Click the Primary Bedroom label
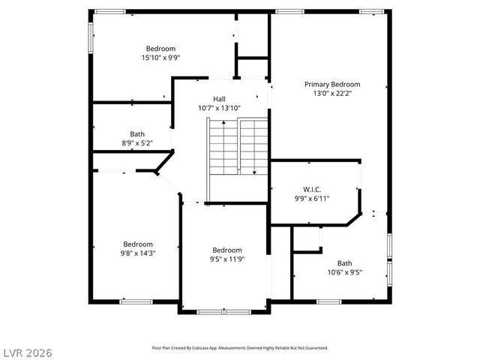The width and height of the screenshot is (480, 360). (331, 85)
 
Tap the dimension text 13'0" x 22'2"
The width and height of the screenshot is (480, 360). (331, 94)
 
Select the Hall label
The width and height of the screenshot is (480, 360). (219, 99)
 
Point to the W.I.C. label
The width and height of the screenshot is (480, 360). (312, 189)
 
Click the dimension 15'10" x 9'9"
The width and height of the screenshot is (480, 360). (160, 58)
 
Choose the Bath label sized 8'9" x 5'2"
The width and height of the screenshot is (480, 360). (137, 134)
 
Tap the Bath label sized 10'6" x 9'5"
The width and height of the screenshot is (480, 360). (344, 263)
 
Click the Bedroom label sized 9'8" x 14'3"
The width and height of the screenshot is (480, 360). (138, 244)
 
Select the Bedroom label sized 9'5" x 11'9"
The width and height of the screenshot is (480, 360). (227, 250)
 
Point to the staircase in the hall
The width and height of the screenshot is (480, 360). (238, 146)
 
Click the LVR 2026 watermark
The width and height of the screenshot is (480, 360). (27, 352)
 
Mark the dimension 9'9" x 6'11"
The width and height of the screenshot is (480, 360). (312, 199)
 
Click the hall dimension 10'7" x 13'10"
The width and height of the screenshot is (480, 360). (219, 108)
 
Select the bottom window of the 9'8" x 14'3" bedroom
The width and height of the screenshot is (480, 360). (136, 301)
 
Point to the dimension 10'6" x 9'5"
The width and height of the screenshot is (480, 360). (344, 272)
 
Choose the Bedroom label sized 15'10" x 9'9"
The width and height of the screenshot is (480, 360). (160, 49)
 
